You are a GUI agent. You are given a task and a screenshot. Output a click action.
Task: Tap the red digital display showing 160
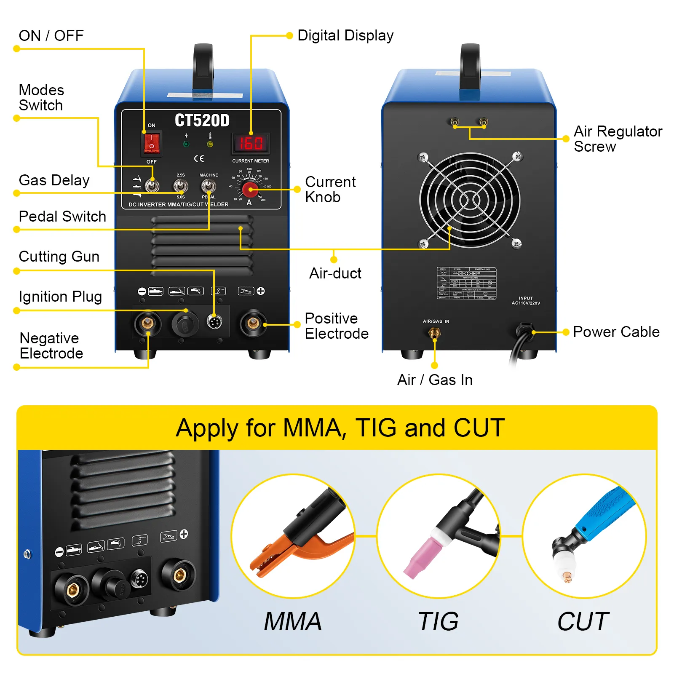251,144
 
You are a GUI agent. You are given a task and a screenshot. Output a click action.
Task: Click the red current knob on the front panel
250,189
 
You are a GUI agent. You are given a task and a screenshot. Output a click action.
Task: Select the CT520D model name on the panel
202,120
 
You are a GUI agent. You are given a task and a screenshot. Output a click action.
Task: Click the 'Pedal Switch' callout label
62,217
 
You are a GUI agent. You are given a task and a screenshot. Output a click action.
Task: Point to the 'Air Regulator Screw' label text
618,139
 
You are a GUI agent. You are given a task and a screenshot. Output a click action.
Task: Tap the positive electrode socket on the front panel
253,323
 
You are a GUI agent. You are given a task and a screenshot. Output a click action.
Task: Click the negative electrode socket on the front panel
147,323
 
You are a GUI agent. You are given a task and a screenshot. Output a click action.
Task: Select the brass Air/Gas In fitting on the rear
434,334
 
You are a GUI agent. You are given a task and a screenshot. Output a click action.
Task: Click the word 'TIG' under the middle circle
438,621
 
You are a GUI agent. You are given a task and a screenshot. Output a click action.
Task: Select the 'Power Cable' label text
616,332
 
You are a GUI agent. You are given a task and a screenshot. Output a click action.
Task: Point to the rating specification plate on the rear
466,283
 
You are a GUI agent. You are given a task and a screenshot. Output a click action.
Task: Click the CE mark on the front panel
199,158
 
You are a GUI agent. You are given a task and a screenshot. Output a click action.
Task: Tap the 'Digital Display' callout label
345,36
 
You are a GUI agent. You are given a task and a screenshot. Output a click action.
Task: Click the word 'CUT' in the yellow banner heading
479,428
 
